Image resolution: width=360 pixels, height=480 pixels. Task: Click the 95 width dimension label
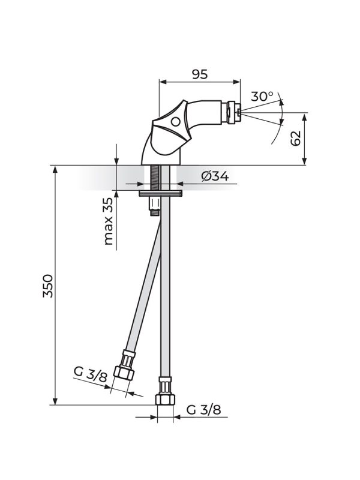199,74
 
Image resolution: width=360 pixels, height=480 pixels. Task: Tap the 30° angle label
262,97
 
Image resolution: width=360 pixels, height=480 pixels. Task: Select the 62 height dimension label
295,139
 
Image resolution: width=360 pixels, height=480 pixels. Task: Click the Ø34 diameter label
215,176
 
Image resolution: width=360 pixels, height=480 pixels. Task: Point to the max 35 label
108,223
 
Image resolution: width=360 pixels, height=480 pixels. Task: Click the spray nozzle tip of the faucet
239,112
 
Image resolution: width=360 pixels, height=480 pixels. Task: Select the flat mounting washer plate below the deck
161,194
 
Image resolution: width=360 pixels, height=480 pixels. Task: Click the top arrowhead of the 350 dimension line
55,169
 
